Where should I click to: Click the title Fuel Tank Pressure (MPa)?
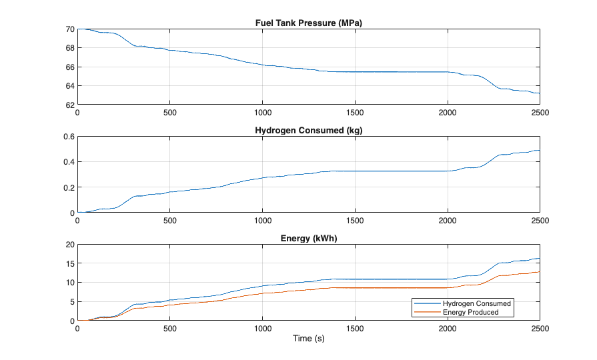[309, 23]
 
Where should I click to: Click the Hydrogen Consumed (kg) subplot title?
[309, 131]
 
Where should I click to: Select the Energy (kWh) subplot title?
[309, 239]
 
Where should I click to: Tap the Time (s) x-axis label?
[309, 339]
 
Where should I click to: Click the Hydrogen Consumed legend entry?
[477, 303]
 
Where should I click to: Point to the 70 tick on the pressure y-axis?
[70, 29]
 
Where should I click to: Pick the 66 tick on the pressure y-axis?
[70, 67]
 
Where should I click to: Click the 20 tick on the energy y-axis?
[70, 245]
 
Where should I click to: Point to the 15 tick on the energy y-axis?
[70, 264]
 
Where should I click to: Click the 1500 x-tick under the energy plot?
[355, 329]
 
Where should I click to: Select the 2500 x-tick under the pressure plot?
[539, 113]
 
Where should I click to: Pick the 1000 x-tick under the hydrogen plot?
[262, 221]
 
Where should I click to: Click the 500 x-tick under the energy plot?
[170, 329]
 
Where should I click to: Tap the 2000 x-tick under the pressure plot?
[447, 113]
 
